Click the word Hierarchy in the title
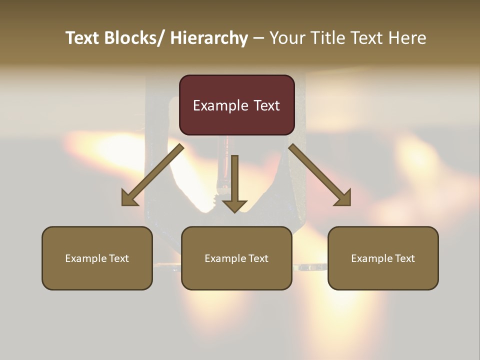tap(208, 38)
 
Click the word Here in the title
tap(407, 38)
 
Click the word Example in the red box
tap(220, 105)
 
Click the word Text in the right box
tap(404, 258)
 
